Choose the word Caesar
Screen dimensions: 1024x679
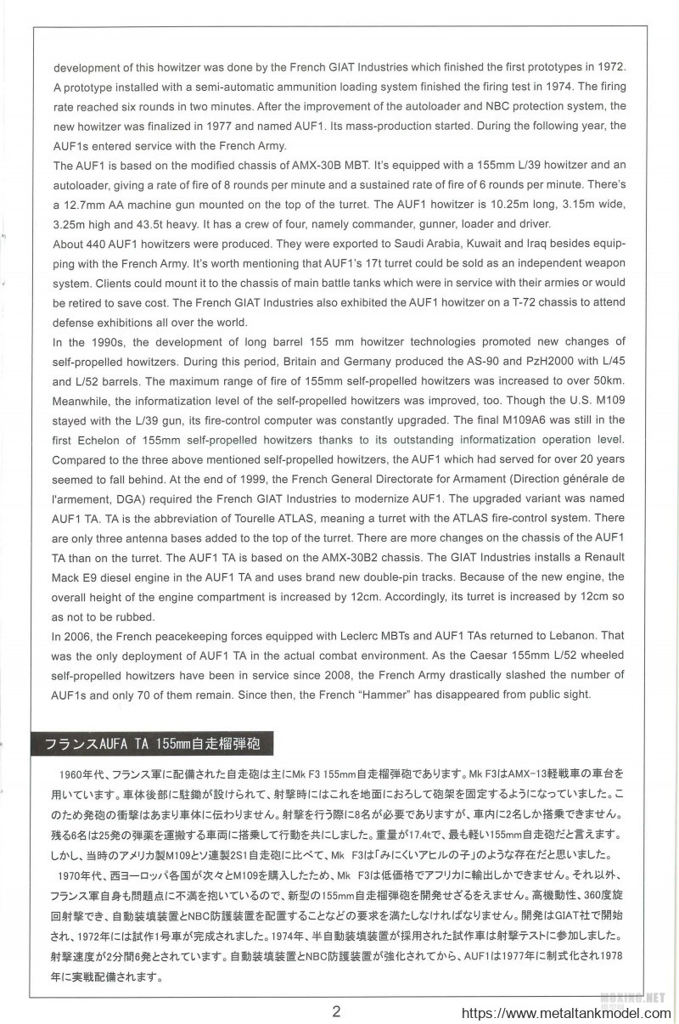point(427,655)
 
